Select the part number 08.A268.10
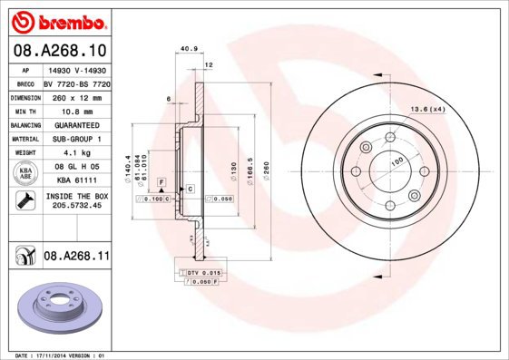pyautogui.click(x=59, y=50)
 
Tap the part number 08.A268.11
pyautogui.click(x=76, y=257)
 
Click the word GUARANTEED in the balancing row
pyautogui.click(x=76, y=124)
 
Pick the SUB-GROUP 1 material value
pyautogui.click(x=76, y=138)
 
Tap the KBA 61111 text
pyautogui.click(x=76, y=181)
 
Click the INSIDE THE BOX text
pyautogui.click(x=76, y=195)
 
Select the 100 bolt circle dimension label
pyautogui.click(x=396, y=161)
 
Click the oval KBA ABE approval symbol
pyautogui.click(x=26, y=174)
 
